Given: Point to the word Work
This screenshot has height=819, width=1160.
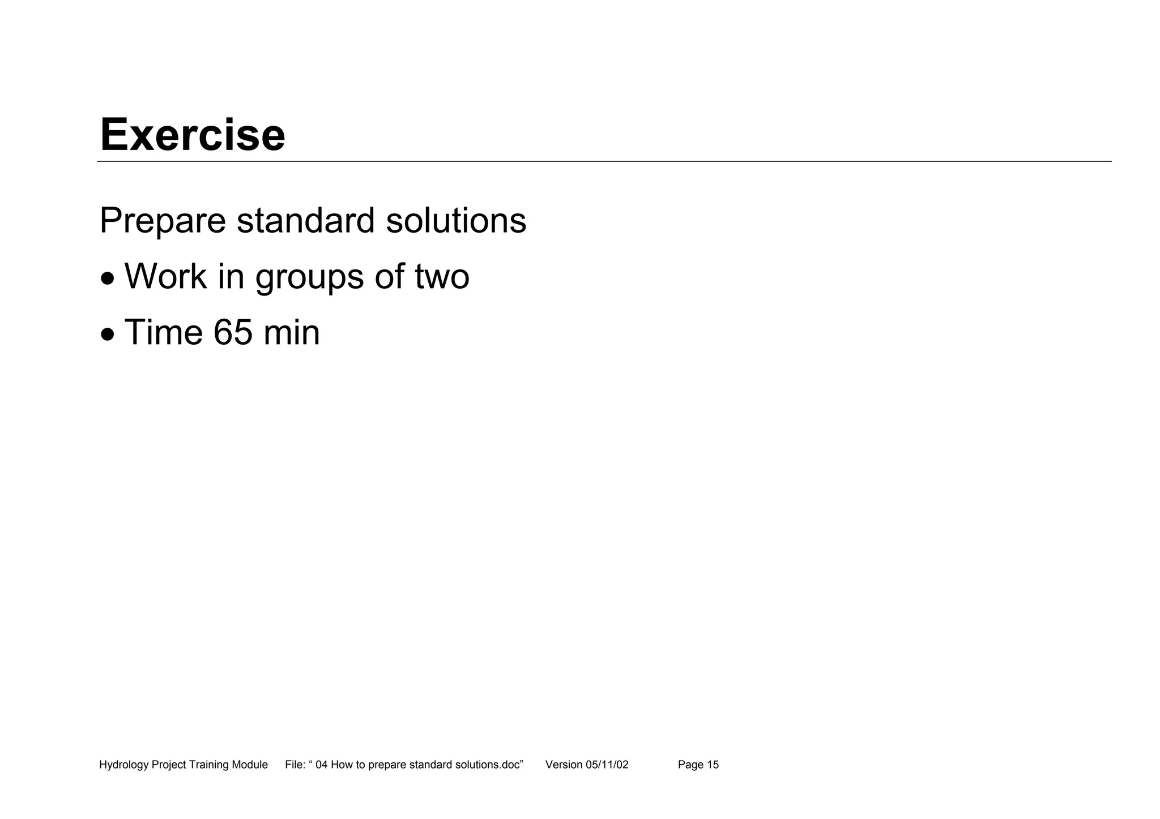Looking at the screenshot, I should pyautogui.click(x=165, y=276).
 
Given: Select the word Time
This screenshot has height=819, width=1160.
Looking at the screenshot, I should pyautogui.click(x=163, y=332).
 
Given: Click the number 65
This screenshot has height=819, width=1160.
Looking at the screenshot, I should pyautogui.click(x=233, y=332).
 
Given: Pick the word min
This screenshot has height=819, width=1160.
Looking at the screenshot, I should pyautogui.click(x=292, y=332).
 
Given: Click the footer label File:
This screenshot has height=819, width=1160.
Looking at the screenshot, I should pyautogui.click(x=295, y=765).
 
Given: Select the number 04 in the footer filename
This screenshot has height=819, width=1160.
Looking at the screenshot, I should pyautogui.click(x=322, y=765).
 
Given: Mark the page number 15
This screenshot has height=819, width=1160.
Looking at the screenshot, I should pyautogui.click(x=713, y=765).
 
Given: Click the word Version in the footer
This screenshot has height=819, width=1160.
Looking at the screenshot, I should pyautogui.click(x=564, y=765).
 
